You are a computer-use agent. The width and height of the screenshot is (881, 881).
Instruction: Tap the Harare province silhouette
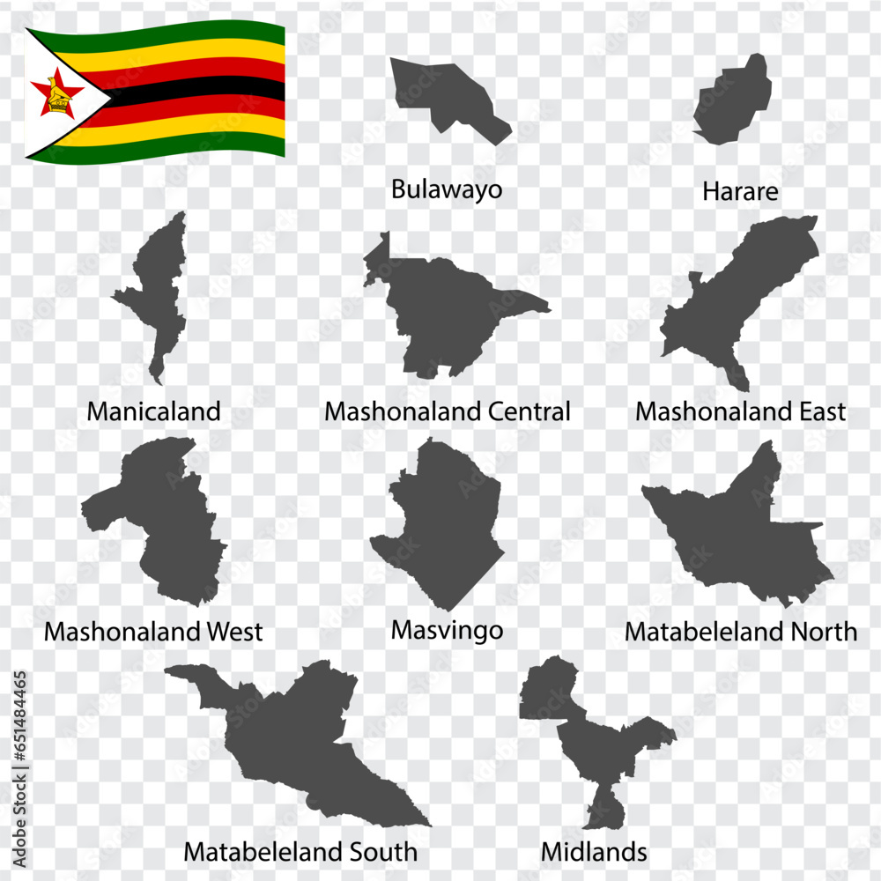pos(731,101)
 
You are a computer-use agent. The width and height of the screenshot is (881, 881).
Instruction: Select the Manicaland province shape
pos(160,282)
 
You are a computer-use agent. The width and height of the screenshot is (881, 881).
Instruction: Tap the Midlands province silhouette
pos(608,749)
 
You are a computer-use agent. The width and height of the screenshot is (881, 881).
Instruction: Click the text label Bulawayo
pos(447,189)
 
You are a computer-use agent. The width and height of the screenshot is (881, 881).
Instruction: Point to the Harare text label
pos(740,191)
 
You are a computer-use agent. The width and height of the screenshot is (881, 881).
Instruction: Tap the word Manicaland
pos(153,411)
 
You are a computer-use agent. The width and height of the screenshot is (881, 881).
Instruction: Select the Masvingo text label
pos(447,631)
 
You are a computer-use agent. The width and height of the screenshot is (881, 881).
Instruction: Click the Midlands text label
pos(594,852)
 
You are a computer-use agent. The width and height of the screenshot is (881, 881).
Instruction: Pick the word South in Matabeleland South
pos(381,852)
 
